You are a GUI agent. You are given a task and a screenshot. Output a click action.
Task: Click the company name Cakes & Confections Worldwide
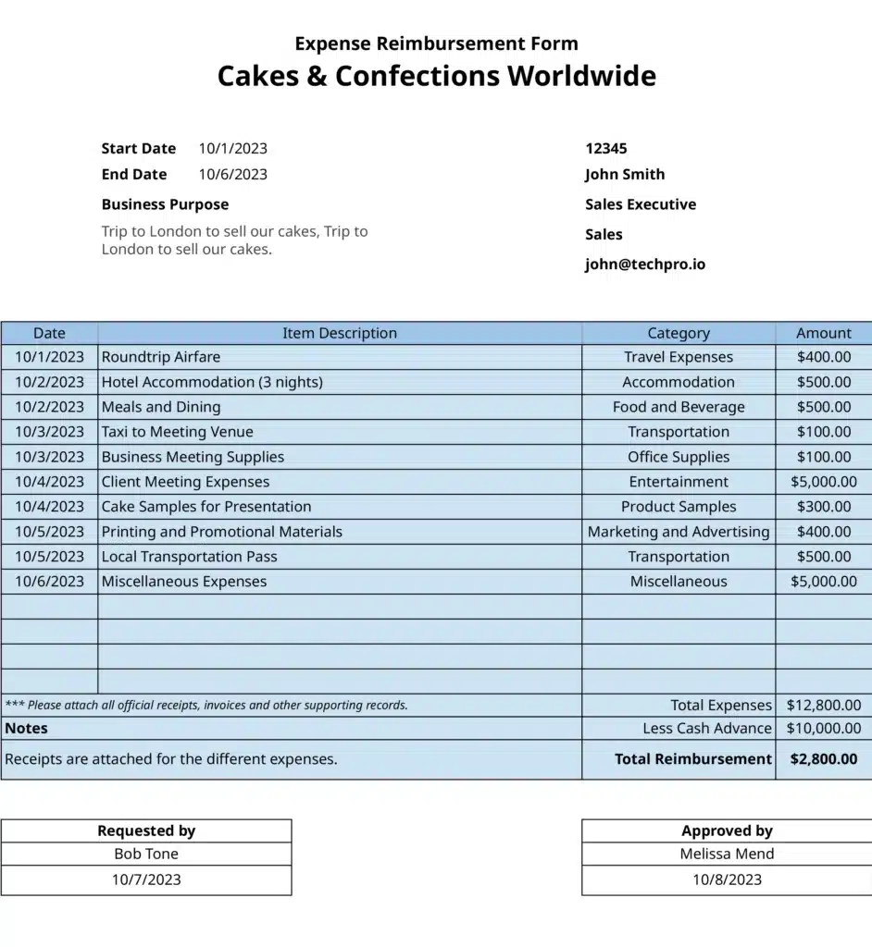click(436, 76)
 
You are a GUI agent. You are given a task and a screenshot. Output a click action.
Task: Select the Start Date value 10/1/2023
click(232, 148)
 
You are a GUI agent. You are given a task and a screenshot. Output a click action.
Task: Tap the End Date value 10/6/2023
click(232, 174)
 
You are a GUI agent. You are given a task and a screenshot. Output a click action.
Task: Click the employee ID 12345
click(605, 148)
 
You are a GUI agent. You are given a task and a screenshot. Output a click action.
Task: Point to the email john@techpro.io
click(644, 264)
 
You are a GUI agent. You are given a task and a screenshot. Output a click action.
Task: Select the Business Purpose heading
click(165, 204)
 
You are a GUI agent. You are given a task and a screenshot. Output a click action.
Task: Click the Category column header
click(679, 333)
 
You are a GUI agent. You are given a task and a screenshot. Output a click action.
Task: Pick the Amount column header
click(823, 333)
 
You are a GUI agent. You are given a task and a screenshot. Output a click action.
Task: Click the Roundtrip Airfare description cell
click(161, 357)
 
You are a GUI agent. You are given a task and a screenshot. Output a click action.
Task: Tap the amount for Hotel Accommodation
click(823, 382)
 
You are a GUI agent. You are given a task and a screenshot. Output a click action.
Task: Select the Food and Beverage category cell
click(679, 407)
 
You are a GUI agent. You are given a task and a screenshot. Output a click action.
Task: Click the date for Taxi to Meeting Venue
click(49, 432)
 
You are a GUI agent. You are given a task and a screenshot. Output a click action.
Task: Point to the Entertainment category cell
click(679, 482)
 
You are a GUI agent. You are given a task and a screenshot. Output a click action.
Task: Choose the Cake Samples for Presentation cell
click(206, 507)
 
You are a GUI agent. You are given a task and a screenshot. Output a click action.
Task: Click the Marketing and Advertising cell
click(679, 532)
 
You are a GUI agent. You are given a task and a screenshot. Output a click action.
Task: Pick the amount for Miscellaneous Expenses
click(823, 582)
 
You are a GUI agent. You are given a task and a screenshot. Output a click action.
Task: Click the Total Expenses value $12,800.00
click(823, 705)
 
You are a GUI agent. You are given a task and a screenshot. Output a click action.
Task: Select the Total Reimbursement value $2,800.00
click(823, 759)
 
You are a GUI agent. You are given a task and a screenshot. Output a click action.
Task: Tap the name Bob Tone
click(146, 855)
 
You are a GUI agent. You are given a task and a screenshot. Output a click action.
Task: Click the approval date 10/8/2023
click(727, 879)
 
